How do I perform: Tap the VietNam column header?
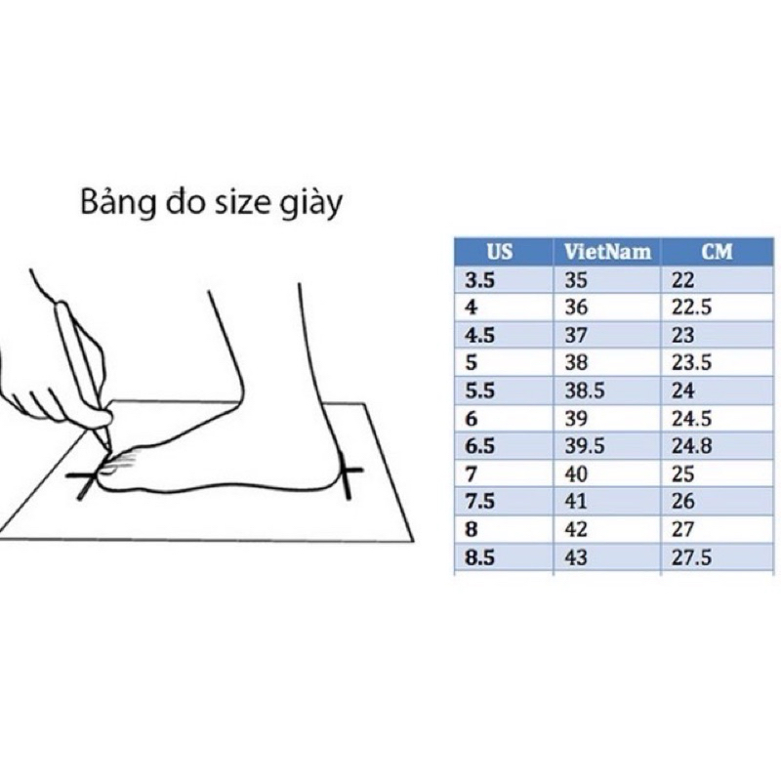click(x=606, y=252)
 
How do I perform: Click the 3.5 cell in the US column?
click(x=479, y=279)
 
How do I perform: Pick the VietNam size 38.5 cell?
click(x=585, y=390)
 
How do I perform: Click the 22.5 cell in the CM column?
click(x=691, y=307)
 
